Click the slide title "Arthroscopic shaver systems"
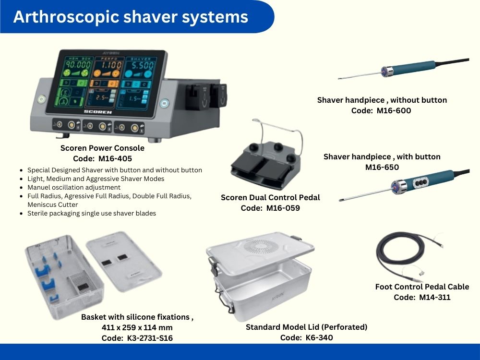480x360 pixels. [x=131, y=16]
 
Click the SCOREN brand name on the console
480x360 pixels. [x=97, y=112]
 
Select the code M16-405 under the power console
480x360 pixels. [x=115, y=158]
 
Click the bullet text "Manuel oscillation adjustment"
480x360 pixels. [x=74, y=187]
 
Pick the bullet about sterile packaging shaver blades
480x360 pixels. [x=92, y=214]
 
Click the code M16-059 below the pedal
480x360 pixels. [x=283, y=208]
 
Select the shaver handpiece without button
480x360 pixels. [x=404, y=69]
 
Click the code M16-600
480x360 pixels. [x=394, y=110]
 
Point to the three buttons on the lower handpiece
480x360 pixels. [x=420, y=183]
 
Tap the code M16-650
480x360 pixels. [x=382, y=167]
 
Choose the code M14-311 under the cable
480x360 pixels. [x=435, y=297]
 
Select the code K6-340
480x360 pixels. [x=319, y=337]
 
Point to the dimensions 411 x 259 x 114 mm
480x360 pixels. [x=137, y=327]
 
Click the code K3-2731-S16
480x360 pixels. [x=150, y=338]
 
